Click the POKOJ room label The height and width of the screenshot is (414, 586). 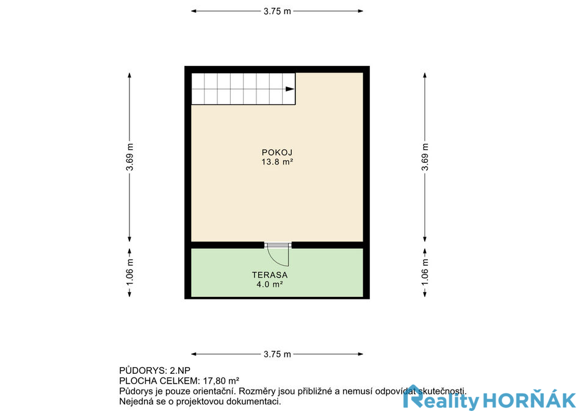[277, 152]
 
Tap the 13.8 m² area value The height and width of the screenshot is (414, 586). [277, 162]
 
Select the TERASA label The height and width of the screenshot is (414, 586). [270, 275]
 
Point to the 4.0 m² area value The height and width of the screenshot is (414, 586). [269, 285]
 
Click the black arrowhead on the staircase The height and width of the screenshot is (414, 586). [290, 89]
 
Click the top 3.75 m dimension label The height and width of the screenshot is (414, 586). [277, 11]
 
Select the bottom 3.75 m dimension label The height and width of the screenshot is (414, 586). [277, 354]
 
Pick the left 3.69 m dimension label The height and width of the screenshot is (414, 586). [129, 157]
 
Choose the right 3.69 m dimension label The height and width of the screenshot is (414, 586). [425, 157]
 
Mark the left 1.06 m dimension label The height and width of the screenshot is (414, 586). [129, 273]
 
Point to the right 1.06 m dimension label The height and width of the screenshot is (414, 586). [425, 273]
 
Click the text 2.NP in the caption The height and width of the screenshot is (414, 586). [180, 371]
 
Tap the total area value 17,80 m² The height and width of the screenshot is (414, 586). [221, 381]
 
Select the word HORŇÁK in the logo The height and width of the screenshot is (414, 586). [529, 401]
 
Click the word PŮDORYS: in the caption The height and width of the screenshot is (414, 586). [143, 371]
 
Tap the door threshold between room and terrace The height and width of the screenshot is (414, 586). [278, 245]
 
